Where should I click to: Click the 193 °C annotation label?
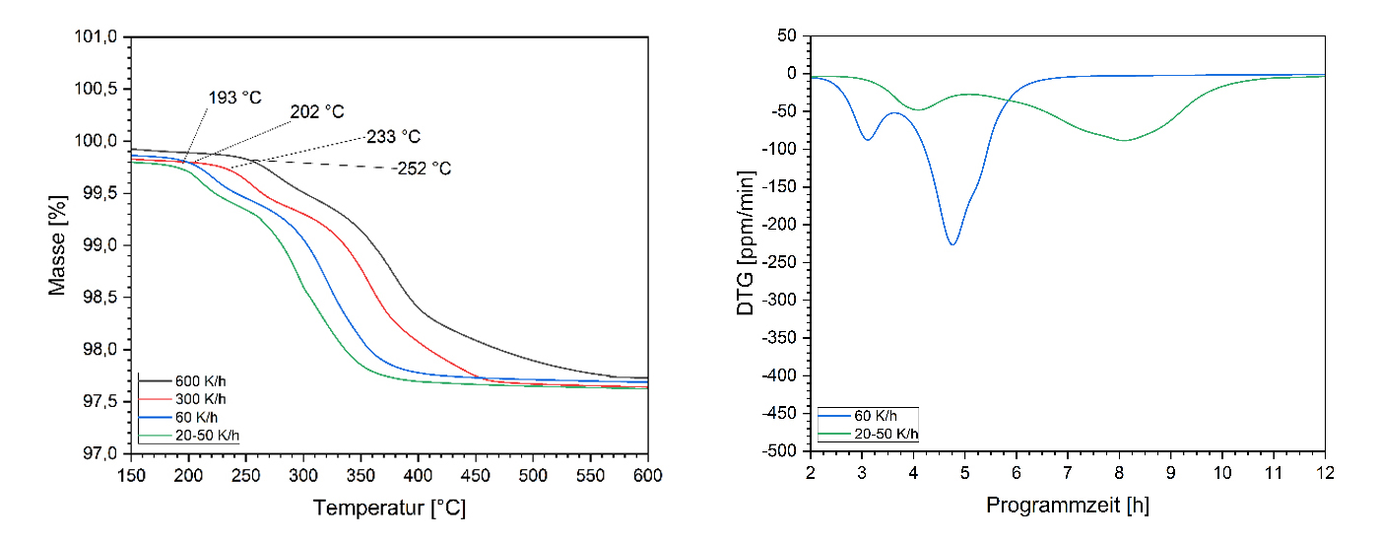coord(235,99)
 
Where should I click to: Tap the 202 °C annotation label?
coord(317,112)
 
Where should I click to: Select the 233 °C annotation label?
coord(393,137)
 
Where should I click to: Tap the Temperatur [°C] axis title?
coord(389,508)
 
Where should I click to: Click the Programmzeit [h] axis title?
coord(1067,506)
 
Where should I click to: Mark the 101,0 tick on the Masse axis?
coord(100,37)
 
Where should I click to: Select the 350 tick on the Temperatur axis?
coord(361,474)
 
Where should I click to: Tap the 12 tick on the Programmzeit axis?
coord(1324,472)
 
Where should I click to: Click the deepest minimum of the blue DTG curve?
coord(952,243)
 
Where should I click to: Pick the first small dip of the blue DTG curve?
coord(867,139)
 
